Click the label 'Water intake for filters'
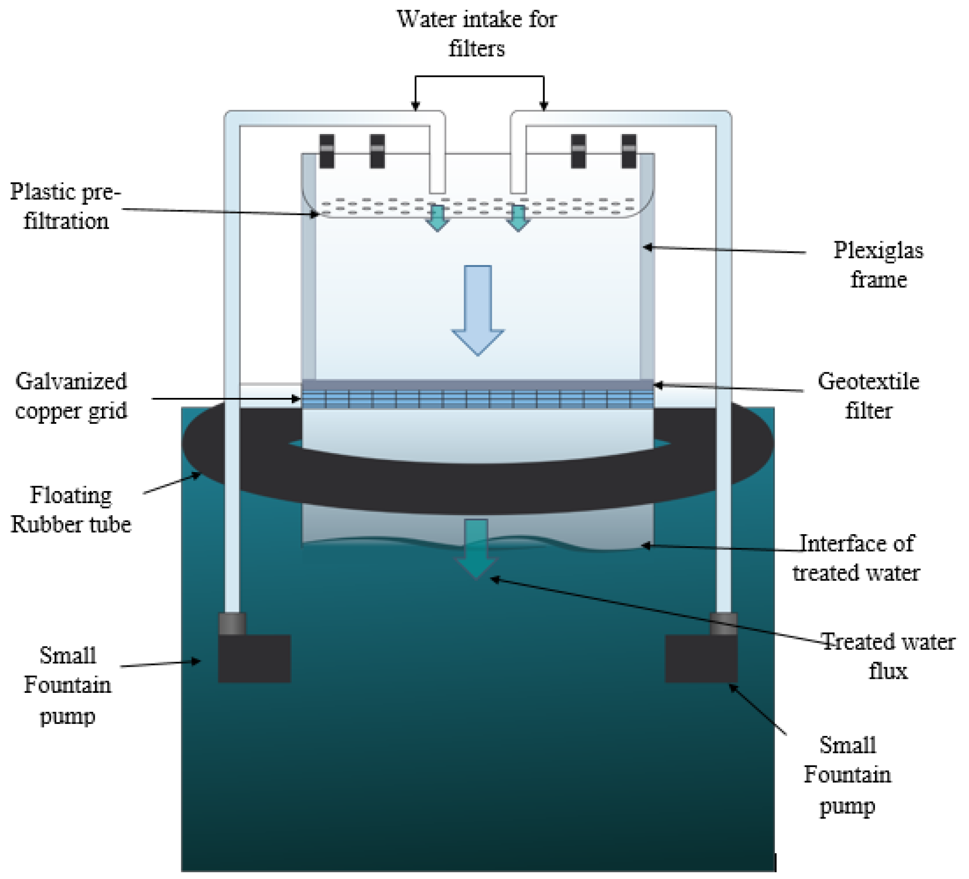pos(476,34)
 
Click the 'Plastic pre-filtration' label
pos(65,206)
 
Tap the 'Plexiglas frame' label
pos(878,264)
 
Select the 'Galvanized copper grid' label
pos(71,396)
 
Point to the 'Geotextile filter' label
pos(868,396)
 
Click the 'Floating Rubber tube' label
pos(71,509)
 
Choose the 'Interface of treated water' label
pos(856,558)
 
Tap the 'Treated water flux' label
pos(888,656)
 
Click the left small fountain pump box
pos(254,658)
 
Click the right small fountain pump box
pos(701,658)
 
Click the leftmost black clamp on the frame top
pos(327,151)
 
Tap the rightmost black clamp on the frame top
pos(629,151)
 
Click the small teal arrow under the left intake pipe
pos(437,218)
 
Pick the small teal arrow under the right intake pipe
pos(518,218)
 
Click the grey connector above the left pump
pos(232,624)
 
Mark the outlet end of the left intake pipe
pos(437,187)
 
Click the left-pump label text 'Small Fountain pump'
pos(68,686)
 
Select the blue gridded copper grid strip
pos(477,400)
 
